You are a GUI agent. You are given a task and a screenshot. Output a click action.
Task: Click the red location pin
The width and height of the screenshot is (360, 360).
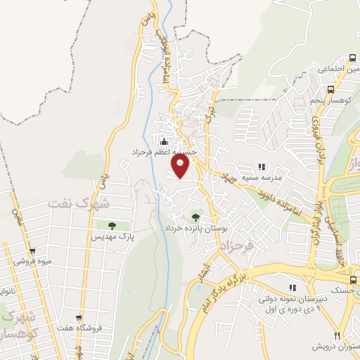click(x=181, y=166)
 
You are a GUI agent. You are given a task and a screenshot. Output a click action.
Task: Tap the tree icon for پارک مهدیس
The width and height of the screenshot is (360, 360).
click(x=111, y=226)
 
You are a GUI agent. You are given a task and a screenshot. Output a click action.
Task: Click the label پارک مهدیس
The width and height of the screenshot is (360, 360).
click(x=110, y=238)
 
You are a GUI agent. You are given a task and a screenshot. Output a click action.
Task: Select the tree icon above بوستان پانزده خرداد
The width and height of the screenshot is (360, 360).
click(x=195, y=217)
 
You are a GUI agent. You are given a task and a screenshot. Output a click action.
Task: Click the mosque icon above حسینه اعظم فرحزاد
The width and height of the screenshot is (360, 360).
click(x=164, y=141)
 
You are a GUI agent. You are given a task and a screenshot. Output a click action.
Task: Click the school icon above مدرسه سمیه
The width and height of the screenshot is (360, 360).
click(x=262, y=167)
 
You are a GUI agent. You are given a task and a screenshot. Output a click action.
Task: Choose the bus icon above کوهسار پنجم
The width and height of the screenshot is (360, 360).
click(x=330, y=89)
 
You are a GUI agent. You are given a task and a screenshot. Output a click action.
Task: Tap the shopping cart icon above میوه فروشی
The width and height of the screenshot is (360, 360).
click(x=32, y=251)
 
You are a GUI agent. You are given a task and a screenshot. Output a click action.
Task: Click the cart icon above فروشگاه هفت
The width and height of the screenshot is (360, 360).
click(x=79, y=317)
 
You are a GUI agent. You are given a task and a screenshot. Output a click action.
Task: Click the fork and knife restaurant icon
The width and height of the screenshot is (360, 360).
click(x=337, y=335)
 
